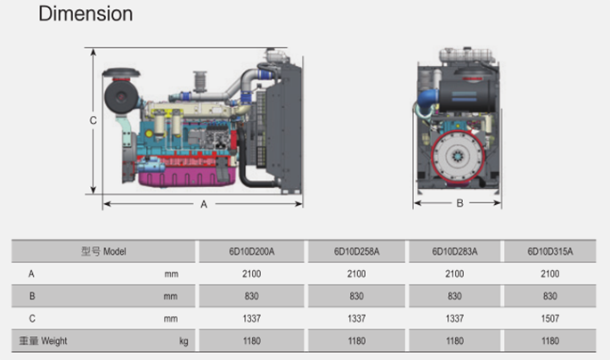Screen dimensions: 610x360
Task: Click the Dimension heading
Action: pyautogui.click(x=85, y=14)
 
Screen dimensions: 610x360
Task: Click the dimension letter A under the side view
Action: pyautogui.click(x=204, y=204)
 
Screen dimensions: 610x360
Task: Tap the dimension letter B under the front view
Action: pyautogui.click(x=460, y=203)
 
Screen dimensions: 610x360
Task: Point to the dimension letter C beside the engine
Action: pyautogui.click(x=93, y=120)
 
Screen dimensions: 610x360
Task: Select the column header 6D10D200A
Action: pyautogui.click(x=252, y=251)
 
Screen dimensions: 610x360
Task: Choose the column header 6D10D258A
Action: pyautogui.click(x=356, y=251)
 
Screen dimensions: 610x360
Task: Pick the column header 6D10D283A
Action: pyautogui.click(x=454, y=251)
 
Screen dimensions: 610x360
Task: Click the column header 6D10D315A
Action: pyautogui.click(x=550, y=251)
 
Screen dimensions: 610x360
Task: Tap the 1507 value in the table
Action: pyautogui.click(x=550, y=319)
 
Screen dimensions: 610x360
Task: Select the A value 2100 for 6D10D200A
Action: pyautogui.click(x=252, y=274)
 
